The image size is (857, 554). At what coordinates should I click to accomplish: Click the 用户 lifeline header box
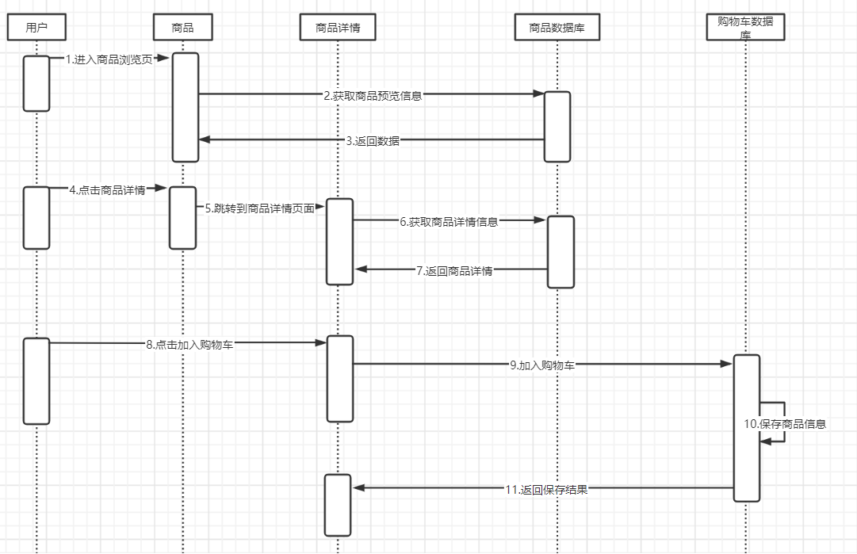36,28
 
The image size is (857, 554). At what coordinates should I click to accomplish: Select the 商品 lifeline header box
183,28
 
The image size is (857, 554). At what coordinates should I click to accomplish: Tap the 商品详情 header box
338,28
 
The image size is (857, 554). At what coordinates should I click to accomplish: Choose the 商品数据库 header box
557,28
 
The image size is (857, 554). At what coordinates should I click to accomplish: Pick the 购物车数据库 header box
745,27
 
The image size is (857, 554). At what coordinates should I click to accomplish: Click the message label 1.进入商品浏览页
109,59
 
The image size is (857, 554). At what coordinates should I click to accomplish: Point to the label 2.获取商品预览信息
373,95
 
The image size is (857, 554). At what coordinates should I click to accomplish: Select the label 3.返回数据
373,141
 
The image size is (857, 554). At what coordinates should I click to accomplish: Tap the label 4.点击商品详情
107,189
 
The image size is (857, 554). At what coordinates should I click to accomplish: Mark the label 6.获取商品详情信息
449,222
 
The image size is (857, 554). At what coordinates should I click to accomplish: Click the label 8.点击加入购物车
189,344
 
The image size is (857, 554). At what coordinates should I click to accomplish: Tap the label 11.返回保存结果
546,489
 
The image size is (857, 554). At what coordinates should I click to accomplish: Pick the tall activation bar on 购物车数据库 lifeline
746,428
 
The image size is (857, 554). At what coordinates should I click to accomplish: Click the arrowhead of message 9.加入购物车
725,365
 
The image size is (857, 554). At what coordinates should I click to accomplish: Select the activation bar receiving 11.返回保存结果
337,505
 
